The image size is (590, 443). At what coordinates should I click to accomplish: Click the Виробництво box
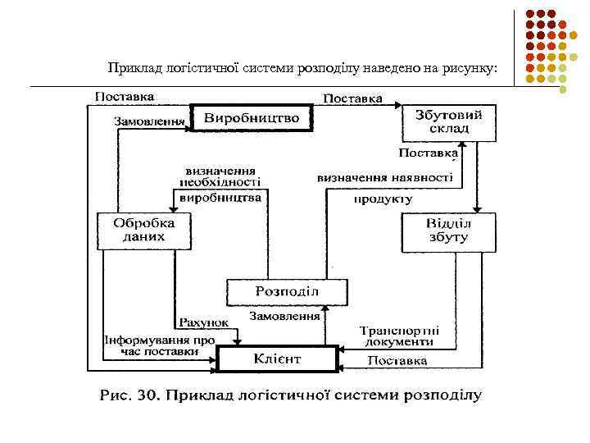(252, 119)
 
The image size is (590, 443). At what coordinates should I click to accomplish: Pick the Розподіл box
(287, 292)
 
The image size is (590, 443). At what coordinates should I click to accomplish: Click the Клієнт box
(278, 359)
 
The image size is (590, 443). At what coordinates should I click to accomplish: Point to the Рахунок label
(204, 322)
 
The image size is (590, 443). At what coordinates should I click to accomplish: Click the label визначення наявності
(384, 177)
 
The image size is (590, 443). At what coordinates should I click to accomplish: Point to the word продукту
(383, 199)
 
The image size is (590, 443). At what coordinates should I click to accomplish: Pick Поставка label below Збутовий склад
(428, 153)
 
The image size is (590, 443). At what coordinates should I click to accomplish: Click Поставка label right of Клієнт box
(397, 360)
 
